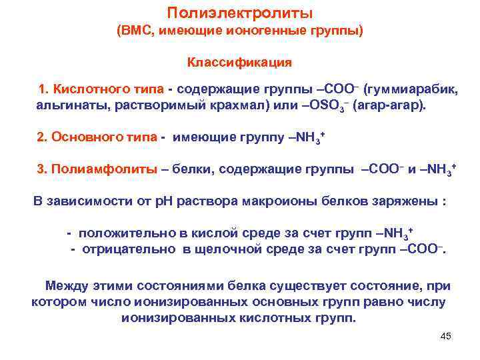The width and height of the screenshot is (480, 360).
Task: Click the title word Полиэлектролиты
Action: click(x=239, y=13)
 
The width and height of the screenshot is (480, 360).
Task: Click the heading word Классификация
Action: click(x=239, y=63)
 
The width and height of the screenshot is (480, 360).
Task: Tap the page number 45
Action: click(x=446, y=336)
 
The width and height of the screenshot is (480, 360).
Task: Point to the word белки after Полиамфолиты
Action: click(x=189, y=169)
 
